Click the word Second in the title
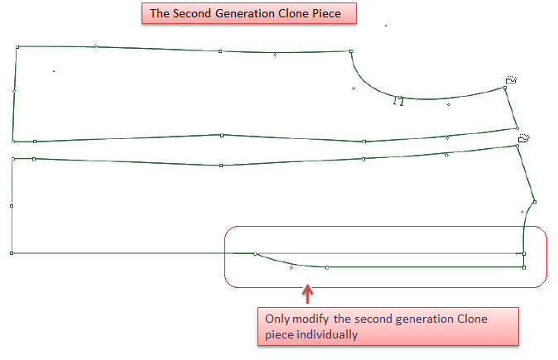(x=192, y=13)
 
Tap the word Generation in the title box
(x=245, y=13)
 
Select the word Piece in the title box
(x=327, y=13)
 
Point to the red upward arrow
(x=307, y=294)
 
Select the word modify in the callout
(x=310, y=319)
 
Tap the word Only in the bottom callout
(x=277, y=319)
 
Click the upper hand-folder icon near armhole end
(x=511, y=79)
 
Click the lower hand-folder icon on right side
(x=524, y=138)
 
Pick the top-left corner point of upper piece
(x=17, y=47)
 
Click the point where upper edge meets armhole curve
(x=351, y=51)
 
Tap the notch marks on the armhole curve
(x=398, y=102)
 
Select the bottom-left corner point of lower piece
(x=12, y=253)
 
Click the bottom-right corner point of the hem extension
(x=524, y=267)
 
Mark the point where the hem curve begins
(x=255, y=253)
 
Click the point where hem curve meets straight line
(x=327, y=267)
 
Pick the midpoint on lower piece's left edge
(x=12, y=206)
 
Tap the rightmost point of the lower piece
(x=535, y=202)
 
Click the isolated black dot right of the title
(x=386, y=26)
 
